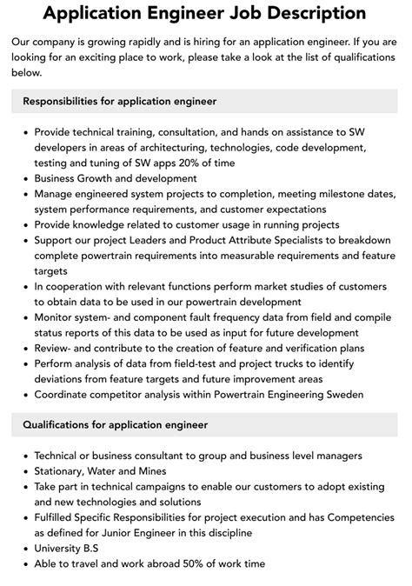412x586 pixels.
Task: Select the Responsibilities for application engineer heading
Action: coord(120,102)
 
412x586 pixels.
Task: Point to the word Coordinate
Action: coord(64,394)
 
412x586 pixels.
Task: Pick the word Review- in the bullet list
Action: coord(56,349)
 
